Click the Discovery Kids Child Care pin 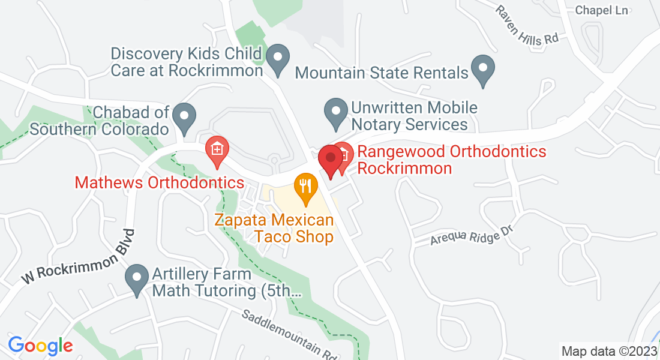[x=278, y=60]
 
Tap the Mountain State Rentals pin [x=483, y=70]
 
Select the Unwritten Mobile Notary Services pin [x=336, y=113]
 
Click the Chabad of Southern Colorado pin [x=184, y=118]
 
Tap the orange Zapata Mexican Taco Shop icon [x=305, y=188]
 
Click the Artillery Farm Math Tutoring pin [x=137, y=280]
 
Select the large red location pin [x=330, y=160]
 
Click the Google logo [x=40, y=346]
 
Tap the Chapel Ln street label [x=601, y=10]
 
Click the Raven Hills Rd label [x=527, y=26]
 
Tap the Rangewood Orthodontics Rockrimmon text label [x=451, y=160]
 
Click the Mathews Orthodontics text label [x=160, y=182]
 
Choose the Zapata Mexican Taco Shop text [x=275, y=229]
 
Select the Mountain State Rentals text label [x=382, y=73]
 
